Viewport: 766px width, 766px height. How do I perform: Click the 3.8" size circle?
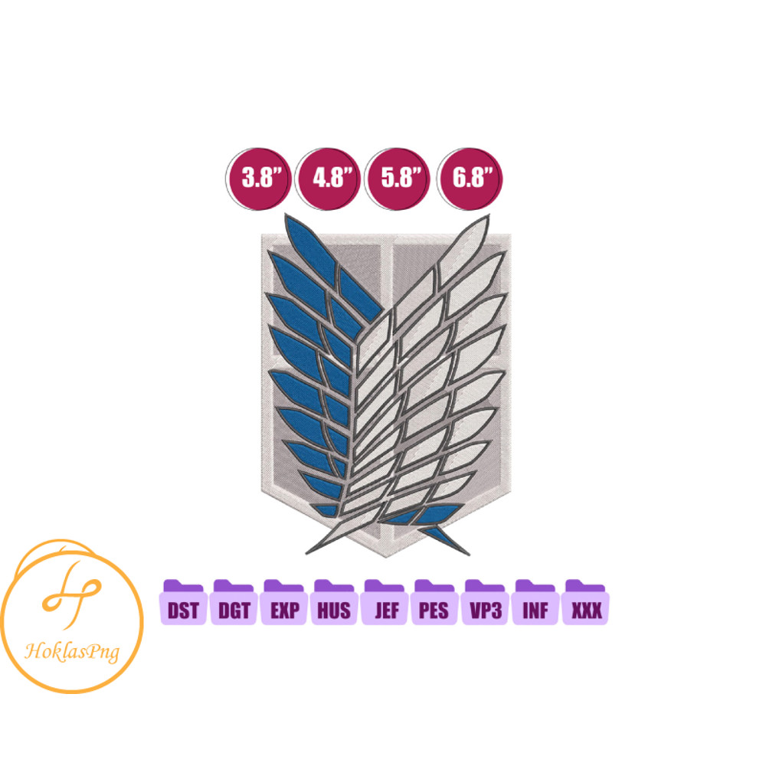pos(258,178)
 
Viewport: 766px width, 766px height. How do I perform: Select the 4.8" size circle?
pos(328,178)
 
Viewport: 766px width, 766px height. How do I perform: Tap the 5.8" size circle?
pos(397,178)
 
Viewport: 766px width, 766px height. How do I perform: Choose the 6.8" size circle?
pos(469,178)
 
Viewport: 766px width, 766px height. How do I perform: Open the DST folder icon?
pos(183,602)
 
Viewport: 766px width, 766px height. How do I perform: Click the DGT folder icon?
pos(234,602)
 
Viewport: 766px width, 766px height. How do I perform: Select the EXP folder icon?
pos(284,602)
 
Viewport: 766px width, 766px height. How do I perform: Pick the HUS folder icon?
pos(334,602)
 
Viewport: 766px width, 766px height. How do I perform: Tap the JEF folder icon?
pos(385,602)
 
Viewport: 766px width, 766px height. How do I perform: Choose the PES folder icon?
pos(435,602)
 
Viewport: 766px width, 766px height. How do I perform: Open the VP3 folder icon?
pos(485,602)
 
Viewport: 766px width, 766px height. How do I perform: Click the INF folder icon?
pos(535,602)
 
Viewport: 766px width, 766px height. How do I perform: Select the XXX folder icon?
pos(586,602)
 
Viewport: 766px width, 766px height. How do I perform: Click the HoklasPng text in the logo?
pos(72,652)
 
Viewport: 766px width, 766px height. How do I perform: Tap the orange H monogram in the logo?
pos(72,594)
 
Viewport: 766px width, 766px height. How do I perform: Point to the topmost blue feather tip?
pos(286,214)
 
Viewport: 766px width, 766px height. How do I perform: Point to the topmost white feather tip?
pos(488,215)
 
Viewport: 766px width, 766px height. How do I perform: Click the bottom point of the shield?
pos(386,557)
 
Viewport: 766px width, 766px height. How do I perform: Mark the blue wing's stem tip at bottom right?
pos(469,555)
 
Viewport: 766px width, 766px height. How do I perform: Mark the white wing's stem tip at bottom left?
pos(306,554)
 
